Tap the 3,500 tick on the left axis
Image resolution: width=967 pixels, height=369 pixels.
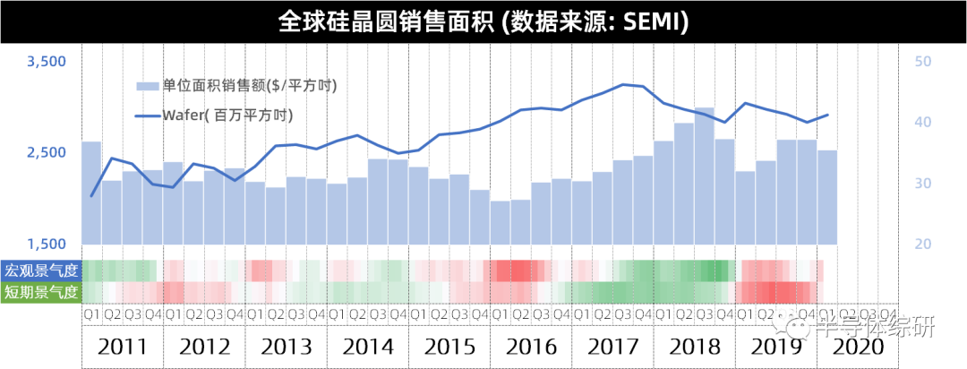click(x=47, y=62)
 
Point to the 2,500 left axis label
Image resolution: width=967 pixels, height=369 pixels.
click(x=47, y=153)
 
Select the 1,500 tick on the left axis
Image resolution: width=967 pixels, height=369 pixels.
click(x=47, y=245)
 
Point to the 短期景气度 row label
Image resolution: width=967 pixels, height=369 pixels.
click(x=41, y=292)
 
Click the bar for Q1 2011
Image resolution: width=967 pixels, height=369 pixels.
click(x=91, y=193)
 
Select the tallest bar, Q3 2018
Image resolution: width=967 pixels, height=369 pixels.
click(x=705, y=176)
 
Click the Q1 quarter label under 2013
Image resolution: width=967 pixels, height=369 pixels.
click(x=255, y=314)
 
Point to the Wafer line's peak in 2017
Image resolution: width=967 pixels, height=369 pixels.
click(x=622, y=84)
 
